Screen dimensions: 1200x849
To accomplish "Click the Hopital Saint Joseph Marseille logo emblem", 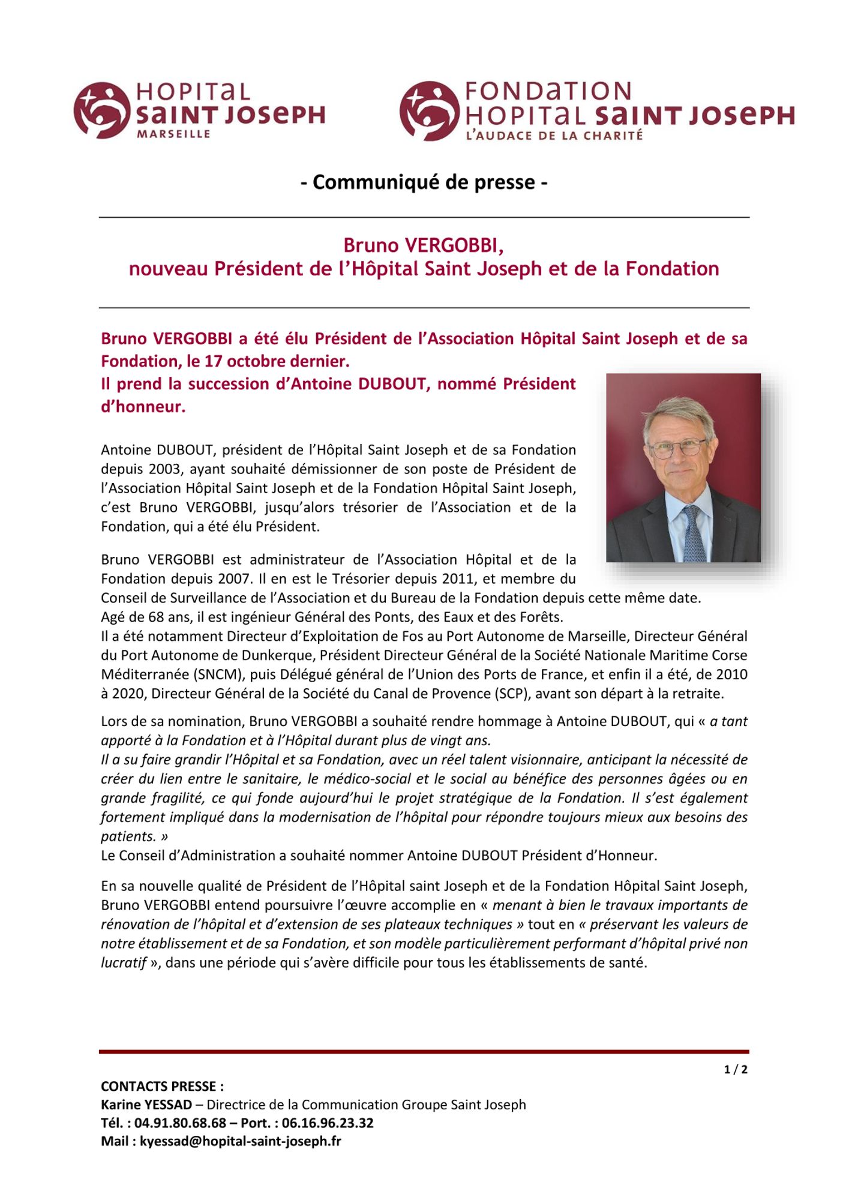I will point(102,110).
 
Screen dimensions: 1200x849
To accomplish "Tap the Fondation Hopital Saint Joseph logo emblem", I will point(429,111).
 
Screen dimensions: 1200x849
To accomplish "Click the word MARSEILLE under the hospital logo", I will point(173,134).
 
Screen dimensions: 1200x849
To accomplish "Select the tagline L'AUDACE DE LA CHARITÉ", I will point(554,136).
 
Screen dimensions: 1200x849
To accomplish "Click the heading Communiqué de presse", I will point(424,182).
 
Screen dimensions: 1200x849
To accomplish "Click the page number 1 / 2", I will point(736,1069).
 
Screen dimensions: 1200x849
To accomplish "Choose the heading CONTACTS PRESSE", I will point(162,1086).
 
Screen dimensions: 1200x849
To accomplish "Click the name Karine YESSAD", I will point(146,1105).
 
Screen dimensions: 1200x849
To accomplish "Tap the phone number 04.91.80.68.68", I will point(180,1123).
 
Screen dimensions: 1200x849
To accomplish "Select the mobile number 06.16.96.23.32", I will point(328,1123).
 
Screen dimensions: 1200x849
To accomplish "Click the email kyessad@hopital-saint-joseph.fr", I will point(240,1141).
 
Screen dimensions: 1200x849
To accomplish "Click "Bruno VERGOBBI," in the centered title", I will point(424,245).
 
